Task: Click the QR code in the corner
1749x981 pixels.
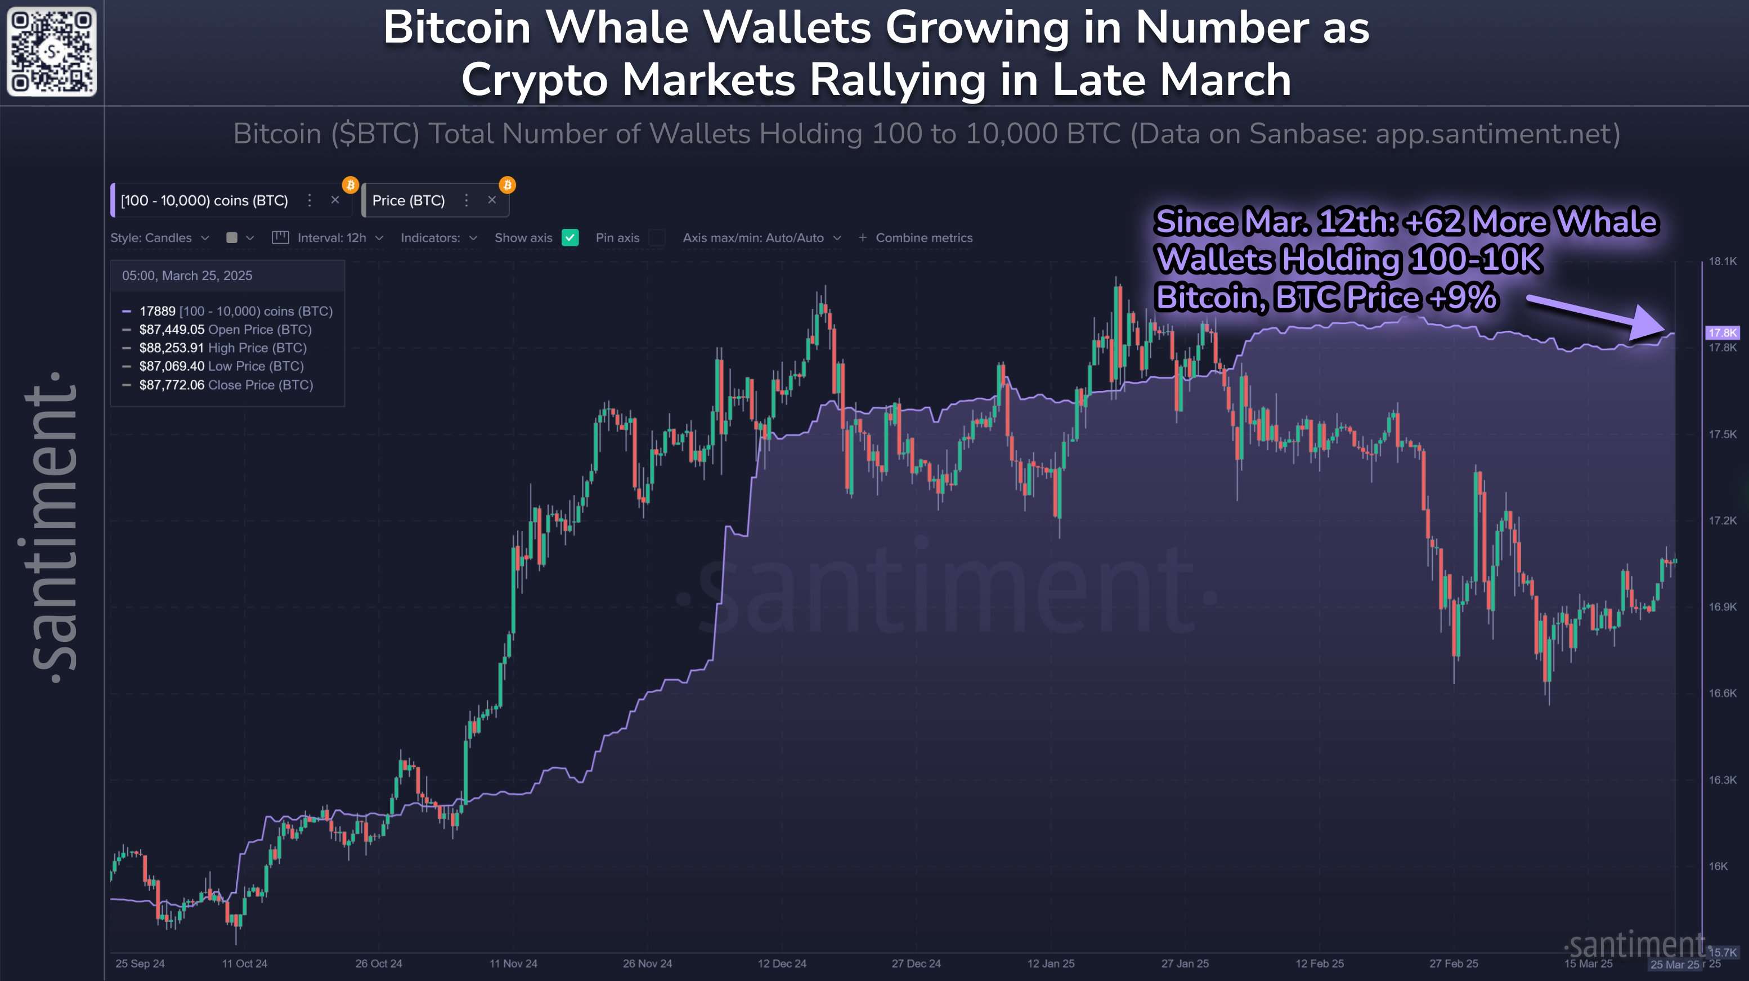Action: tap(52, 52)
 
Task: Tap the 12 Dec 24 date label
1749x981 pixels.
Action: tap(782, 964)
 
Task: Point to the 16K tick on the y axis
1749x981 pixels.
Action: tap(1719, 866)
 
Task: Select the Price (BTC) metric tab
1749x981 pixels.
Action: tap(409, 200)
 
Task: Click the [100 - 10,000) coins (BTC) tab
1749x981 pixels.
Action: tap(204, 200)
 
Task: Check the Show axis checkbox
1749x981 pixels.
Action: tap(570, 237)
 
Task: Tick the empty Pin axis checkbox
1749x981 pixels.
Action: tap(657, 237)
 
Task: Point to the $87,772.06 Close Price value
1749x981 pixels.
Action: tap(172, 385)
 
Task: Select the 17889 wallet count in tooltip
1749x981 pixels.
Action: tap(158, 311)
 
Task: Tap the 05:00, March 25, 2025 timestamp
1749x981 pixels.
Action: tap(187, 276)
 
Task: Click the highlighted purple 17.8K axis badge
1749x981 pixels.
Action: tap(1723, 332)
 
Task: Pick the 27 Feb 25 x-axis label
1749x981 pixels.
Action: tap(1453, 964)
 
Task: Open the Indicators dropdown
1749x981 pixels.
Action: tap(438, 237)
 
